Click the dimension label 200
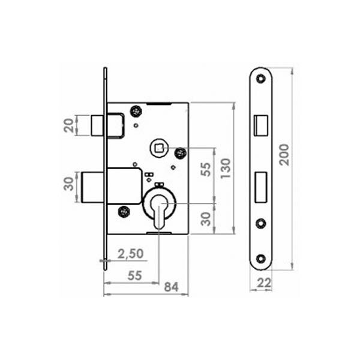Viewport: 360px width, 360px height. pyautogui.click(x=284, y=155)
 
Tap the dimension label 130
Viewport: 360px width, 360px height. pyautogui.click(x=225, y=168)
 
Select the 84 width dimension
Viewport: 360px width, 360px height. pyautogui.click(x=171, y=287)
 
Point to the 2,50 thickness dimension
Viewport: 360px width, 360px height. pyautogui.click(x=130, y=254)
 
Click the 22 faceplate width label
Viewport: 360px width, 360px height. pyautogui.click(x=264, y=283)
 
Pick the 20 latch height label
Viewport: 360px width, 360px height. pyautogui.click(x=69, y=125)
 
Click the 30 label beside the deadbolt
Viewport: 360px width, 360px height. pyautogui.click(x=69, y=184)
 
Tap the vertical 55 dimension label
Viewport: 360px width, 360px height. pyautogui.click(x=206, y=169)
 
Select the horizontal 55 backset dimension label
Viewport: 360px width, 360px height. pyautogui.click(x=135, y=275)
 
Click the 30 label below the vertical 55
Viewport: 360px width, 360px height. pyautogui.click(x=206, y=219)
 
